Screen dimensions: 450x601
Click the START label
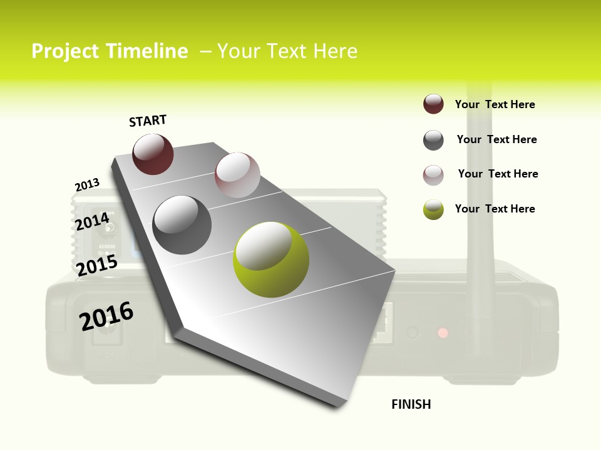point(148,121)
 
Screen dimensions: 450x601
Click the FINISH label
point(411,404)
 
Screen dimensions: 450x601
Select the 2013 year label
point(88,185)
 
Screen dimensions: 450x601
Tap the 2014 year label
point(93,221)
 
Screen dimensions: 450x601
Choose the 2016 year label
point(106,316)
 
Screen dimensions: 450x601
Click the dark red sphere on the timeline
point(153,154)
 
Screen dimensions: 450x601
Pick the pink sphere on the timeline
point(237,175)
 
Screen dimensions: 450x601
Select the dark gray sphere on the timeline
point(182,225)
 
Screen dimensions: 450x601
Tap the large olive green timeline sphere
point(271,260)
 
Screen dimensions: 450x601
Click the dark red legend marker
point(433,104)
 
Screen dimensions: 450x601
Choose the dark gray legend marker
point(433,140)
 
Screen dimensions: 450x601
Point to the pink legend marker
point(433,175)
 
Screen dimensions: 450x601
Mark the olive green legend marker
point(433,209)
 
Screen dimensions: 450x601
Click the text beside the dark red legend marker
point(495,104)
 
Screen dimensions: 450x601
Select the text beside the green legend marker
point(495,209)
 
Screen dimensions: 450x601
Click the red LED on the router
point(443,332)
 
